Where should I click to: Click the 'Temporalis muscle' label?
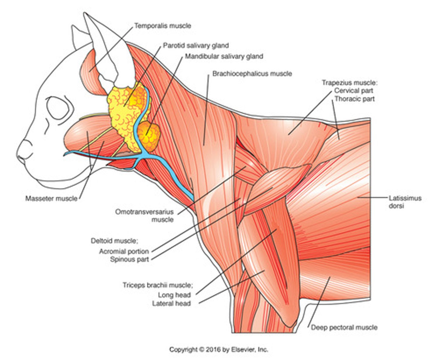pos(163,26)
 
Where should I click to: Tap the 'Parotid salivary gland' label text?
pos(196,46)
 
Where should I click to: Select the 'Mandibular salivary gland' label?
pos(224,56)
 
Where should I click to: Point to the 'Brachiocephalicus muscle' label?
pos(252,74)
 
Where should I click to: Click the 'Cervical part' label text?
pos(353,91)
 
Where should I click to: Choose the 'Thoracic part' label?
pos(354,99)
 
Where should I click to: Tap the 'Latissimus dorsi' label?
pos(405,202)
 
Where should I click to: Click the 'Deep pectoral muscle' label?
pos(344,327)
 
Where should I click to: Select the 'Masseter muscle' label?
pos(51,199)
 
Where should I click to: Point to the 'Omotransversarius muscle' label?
pos(144,215)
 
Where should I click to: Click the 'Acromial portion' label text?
pos(124,251)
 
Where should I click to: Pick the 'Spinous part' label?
pos(130,260)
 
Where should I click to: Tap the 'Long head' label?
pos(174,295)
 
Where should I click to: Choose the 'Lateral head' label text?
pos(172,303)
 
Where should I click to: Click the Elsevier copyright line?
pos(219,349)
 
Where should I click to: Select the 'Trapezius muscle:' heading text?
pos(349,82)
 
